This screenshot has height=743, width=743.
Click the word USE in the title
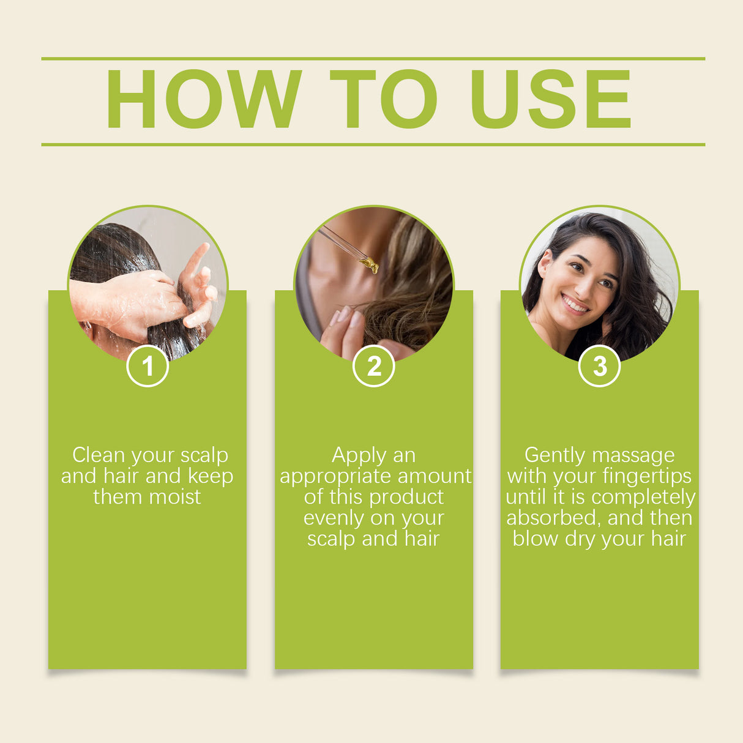tap(550, 99)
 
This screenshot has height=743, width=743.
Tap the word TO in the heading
tap(384, 99)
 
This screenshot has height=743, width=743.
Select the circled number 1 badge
tap(147, 366)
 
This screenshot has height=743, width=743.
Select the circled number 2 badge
tap(374, 366)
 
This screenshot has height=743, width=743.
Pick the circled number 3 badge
tap(600, 366)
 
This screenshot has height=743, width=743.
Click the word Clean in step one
tap(99, 455)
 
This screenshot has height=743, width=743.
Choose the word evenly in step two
tap(334, 518)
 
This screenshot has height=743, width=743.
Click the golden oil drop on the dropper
tap(370, 264)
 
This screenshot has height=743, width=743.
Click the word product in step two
tap(406, 498)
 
